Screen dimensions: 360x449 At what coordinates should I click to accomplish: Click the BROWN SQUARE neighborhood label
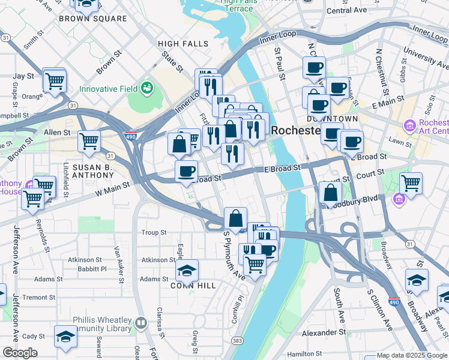coord(93,19)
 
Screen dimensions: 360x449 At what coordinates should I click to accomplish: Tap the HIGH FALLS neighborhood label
coord(183,44)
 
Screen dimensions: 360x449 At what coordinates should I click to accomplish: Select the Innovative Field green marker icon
coord(146,89)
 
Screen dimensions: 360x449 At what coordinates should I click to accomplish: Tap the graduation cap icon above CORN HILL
coord(187,271)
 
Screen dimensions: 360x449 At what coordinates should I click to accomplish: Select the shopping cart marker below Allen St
coord(89,142)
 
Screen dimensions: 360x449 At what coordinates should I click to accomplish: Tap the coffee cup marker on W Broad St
coord(186,171)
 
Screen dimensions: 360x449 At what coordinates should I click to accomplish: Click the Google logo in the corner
coord(20,353)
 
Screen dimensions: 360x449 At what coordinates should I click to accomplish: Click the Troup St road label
coord(154,233)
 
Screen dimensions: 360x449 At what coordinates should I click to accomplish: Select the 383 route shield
coord(238,341)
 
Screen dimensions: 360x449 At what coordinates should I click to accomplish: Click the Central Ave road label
coord(347,10)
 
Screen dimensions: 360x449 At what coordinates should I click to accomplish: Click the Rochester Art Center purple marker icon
coord(410,127)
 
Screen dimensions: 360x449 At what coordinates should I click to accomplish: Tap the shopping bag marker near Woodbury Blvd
coord(330,193)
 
